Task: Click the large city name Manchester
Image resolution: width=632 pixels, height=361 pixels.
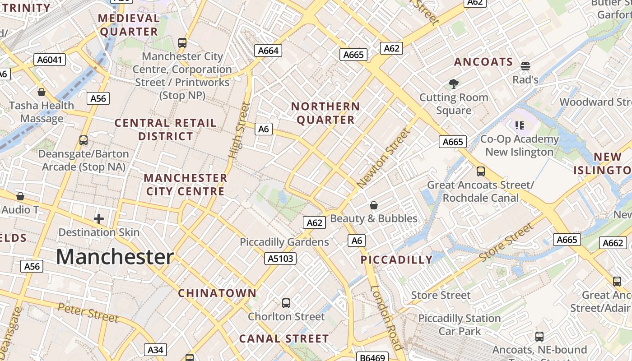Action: (x=115, y=257)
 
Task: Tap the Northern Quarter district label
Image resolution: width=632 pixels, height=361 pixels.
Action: (x=325, y=113)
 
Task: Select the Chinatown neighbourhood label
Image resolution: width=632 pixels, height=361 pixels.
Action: (x=217, y=293)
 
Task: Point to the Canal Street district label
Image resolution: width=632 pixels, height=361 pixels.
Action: (x=284, y=338)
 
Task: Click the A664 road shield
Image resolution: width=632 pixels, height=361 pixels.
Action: (x=268, y=51)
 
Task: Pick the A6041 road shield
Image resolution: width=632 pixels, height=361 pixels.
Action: (x=50, y=60)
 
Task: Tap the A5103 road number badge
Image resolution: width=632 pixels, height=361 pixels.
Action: (x=280, y=259)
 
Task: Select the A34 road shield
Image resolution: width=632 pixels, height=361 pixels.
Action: (x=155, y=350)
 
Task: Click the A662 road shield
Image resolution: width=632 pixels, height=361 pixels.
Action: (x=613, y=243)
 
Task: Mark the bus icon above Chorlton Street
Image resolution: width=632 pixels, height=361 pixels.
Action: (x=286, y=303)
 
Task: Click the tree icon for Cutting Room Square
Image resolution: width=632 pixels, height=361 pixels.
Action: (x=454, y=83)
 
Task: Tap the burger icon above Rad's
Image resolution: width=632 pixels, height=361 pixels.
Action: (x=525, y=66)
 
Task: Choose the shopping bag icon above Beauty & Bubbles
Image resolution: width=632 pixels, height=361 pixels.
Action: (x=374, y=205)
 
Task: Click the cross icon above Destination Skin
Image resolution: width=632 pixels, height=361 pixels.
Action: (x=99, y=219)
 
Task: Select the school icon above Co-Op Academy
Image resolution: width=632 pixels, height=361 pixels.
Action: (x=519, y=125)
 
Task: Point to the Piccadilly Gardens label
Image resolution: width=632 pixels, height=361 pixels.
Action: (x=284, y=242)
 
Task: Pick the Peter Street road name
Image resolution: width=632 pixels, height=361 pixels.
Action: (x=88, y=313)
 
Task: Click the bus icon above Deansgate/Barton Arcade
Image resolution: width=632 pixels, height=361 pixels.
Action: (x=84, y=140)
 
